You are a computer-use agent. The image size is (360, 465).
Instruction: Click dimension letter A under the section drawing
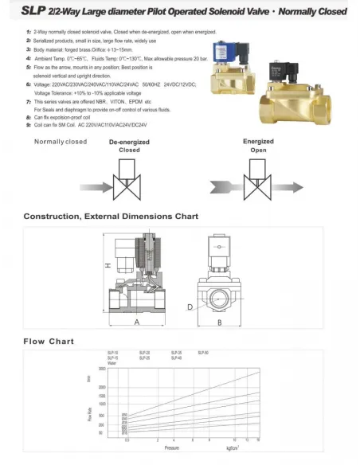coord(137,322)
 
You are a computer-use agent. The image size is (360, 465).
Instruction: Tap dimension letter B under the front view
coord(219,322)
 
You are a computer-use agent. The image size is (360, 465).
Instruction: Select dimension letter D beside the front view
coord(189,306)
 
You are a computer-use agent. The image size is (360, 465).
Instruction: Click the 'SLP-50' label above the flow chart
coord(202,352)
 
